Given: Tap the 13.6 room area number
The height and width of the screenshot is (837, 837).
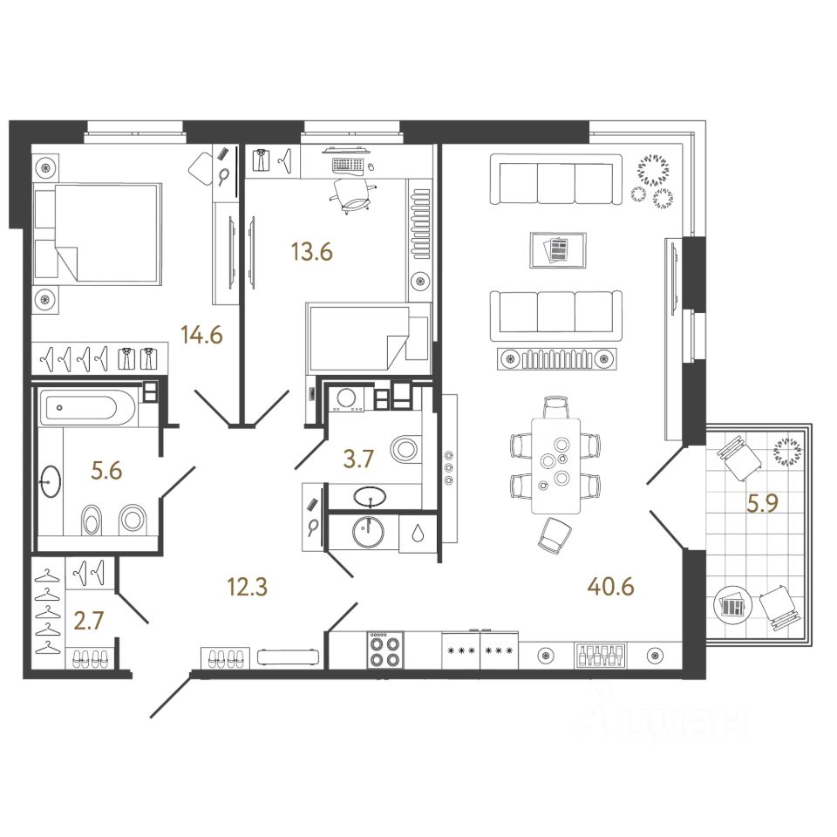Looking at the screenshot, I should click(311, 252).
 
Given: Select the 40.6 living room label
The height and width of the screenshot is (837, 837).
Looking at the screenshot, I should click(610, 585).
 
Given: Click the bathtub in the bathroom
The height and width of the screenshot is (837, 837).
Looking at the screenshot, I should click(87, 407).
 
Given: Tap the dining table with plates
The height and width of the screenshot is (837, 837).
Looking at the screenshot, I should click(555, 465).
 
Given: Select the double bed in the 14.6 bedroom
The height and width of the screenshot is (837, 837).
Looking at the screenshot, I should click(96, 233).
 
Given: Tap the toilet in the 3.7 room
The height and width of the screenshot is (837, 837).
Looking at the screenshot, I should click(407, 451).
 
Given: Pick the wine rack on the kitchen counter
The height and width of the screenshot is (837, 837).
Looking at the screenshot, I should click(600, 654).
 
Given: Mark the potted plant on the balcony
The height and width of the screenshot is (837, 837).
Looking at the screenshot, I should click(787, 450).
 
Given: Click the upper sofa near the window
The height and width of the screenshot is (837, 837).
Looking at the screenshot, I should click(556, 180).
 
